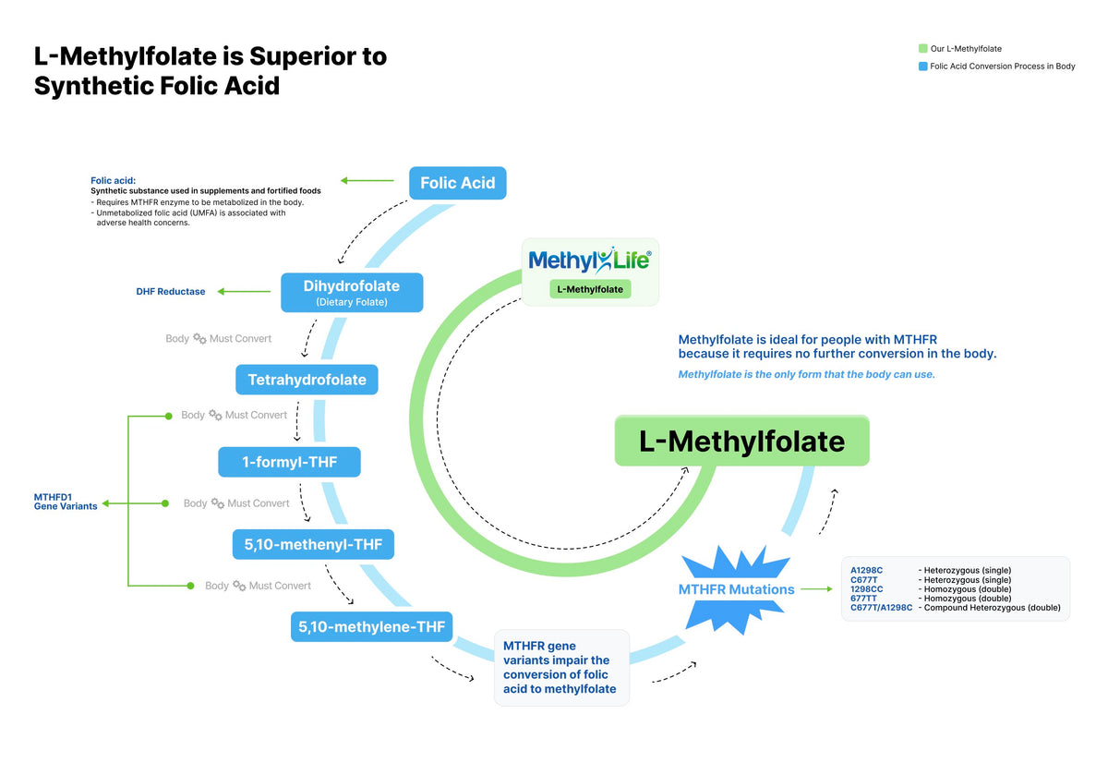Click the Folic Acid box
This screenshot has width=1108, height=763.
click(x=457, y=183)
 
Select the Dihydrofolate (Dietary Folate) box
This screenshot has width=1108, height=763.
click(x=352, y=292)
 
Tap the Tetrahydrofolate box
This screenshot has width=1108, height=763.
click(x=307, y=380)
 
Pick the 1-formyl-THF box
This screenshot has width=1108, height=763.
click(x=289, y=462)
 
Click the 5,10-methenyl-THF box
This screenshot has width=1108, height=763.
click(x=313, y=545)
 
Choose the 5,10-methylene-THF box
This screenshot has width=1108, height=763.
click(x=371, y=628)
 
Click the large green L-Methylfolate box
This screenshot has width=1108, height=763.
click(x=741, y=442)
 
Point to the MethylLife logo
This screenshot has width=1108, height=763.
click(x=590, y=260)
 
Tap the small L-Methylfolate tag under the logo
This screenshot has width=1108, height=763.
click(x=590, y=289)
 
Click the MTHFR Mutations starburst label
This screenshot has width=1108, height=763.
click(x=736, y=589)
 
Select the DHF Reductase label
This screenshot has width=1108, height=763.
click(x=171, y=292)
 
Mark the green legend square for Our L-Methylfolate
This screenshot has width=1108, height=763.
click(x=922, y=49)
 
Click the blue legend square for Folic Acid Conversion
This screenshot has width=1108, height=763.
click(x=922, y=67)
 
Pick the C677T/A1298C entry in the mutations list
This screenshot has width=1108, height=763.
click(x=881, y=608)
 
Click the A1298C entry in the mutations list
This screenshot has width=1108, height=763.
click(x=867, y=571)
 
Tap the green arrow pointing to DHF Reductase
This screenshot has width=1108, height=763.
click(x=244, y=292)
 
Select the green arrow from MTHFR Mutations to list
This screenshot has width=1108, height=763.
click(x=816, y=589)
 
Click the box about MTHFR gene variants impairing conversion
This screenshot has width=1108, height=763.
click(x=561, y=668)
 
